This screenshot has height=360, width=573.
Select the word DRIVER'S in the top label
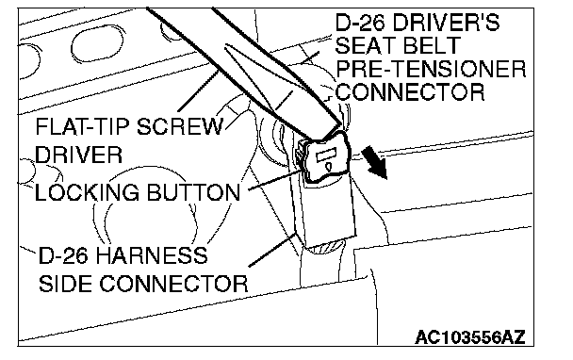pyautogui.click(x=445, y=23)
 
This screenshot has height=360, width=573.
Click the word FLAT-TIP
pyautogui.click(x=83, y=127)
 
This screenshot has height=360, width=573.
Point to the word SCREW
pyautogui.click(x=180, y=127)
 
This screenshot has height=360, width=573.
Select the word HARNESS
pyautogui.click(x=152, y=255)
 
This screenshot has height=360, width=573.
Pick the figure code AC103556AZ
pyautogui.click(x=470, y=336)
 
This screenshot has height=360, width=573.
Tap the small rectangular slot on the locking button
pyautogui.click(x=327, y=156)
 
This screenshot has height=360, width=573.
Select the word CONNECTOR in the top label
pyautogui.click(x=410, y=91)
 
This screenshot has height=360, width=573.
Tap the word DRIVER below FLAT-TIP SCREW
pyautogui.click(x=78, y=155)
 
